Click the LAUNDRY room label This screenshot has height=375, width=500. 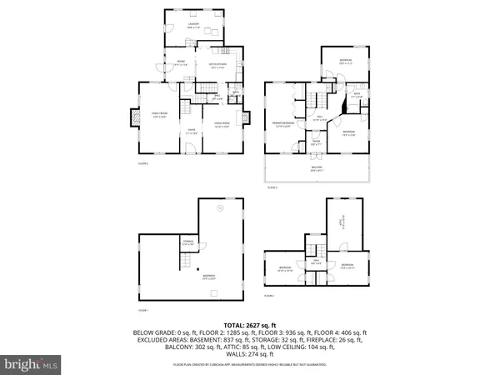point(193,27)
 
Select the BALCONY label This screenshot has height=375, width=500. point(317,170)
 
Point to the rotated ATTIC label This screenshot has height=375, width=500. point(339,222)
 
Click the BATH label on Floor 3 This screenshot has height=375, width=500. point(355,95)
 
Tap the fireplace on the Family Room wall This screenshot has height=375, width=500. point(131,119)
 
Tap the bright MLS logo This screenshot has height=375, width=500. point(32,364)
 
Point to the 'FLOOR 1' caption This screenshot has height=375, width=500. point(142,310)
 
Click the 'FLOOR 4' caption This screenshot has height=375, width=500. point(269,296)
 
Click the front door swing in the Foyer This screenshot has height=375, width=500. point(187,147)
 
